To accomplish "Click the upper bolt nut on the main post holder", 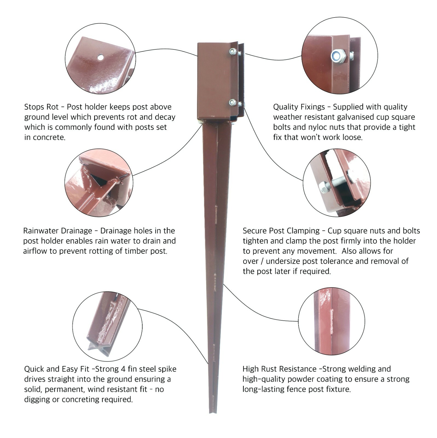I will pos(233,51).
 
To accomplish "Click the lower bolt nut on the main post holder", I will pos(233,103).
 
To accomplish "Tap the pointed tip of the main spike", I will pos(213,412).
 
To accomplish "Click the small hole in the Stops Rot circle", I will pos(100,57).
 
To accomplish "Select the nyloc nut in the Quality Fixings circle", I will pos(338,56).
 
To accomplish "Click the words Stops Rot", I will pos(41,107).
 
